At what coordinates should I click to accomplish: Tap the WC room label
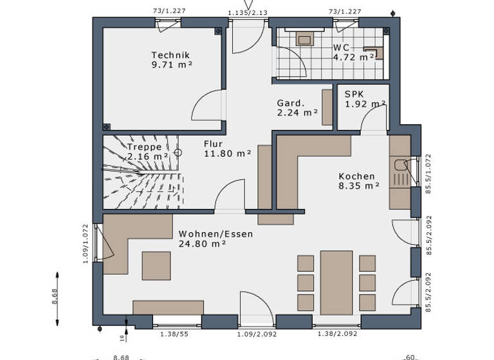pos(341,48)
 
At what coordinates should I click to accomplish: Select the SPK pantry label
pos(354,93)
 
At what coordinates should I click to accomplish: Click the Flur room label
pos(214,143)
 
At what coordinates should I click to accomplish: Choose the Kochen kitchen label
pos(356,176)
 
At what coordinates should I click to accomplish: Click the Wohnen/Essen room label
pos(215,234)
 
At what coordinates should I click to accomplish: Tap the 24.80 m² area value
pos(202,244)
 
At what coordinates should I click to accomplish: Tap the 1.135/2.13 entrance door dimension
pos(247,12)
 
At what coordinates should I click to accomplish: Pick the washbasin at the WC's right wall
pos(374,53)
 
